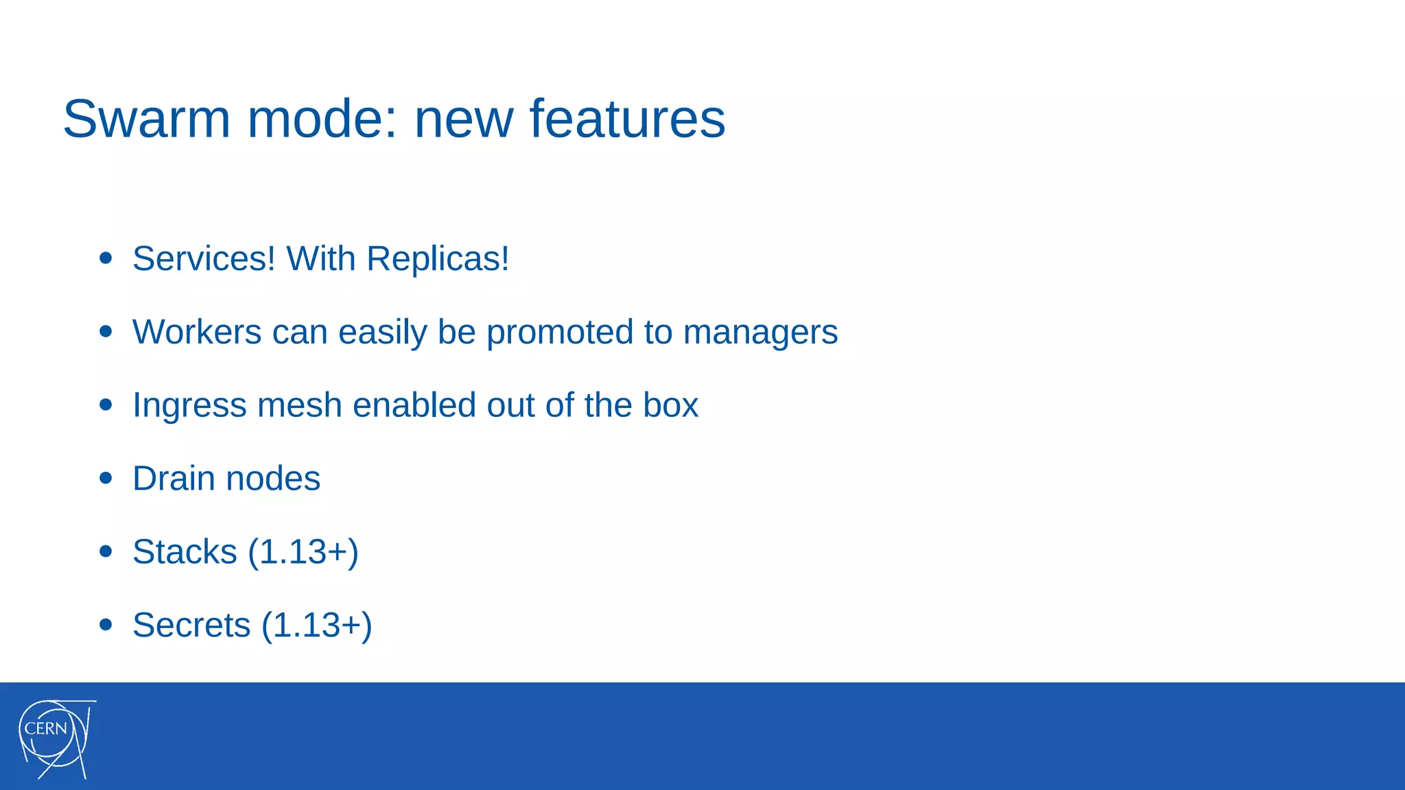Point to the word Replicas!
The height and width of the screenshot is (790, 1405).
pos(438,259)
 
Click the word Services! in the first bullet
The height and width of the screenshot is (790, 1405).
pos(204,259)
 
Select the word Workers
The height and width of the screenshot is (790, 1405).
pos(197,333)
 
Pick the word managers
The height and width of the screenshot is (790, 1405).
pos(760,333)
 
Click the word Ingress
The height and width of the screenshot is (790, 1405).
pos(189,405)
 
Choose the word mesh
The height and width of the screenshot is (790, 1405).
pos(299,405)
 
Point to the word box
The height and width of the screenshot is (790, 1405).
pos(670,405)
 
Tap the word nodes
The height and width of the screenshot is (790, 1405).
pos(273,479)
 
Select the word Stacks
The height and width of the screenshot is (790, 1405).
pos(185,552)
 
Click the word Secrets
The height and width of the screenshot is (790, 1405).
pos(191,625)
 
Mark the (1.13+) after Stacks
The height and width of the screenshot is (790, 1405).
pos(303,552)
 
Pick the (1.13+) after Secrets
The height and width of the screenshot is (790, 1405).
pos(317,625)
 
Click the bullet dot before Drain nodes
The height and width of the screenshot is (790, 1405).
pos(106,478)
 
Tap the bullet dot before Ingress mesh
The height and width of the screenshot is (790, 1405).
pos(106,405)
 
